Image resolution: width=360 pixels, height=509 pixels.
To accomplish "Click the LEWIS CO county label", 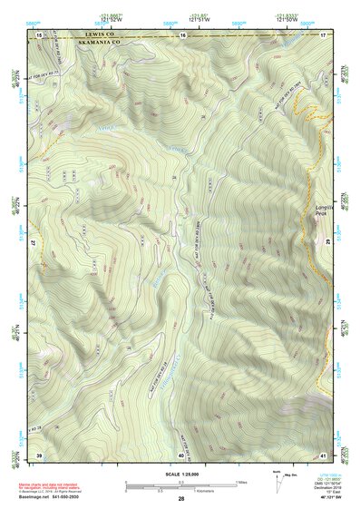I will click(x=93, y=35).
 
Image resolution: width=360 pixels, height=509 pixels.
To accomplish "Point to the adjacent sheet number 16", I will click(x=183, y=34).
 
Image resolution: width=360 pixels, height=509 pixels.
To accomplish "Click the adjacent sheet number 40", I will click(x=181, y=454).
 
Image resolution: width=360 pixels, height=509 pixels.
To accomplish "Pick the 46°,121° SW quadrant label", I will click(x=330, y=500).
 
